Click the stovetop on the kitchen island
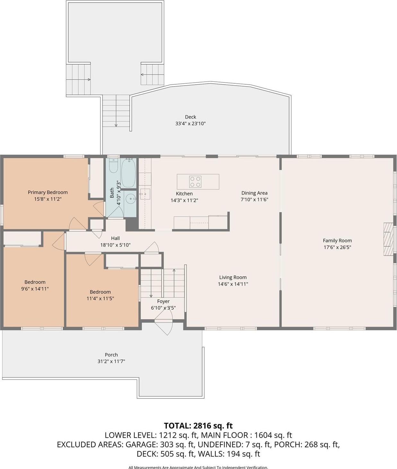coord(195,182)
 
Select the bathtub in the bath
coord(128,173)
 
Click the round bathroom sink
coord(131,199)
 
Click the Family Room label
coord(337,240)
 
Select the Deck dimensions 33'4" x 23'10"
coord(190,123)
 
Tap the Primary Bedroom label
coord(48,192)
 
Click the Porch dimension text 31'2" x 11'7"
coord(111,361)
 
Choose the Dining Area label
coord(254,193)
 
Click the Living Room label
coord(233,277)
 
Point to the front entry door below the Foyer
coord(164,325)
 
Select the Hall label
coord(115,238)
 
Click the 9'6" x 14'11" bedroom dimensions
coord(35,289)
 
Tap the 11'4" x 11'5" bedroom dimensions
coord(100,298)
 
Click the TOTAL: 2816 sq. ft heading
coord(198,426)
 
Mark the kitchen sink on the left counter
coord(145,194)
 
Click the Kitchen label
coord(184,194)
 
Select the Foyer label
coord(163,301)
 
